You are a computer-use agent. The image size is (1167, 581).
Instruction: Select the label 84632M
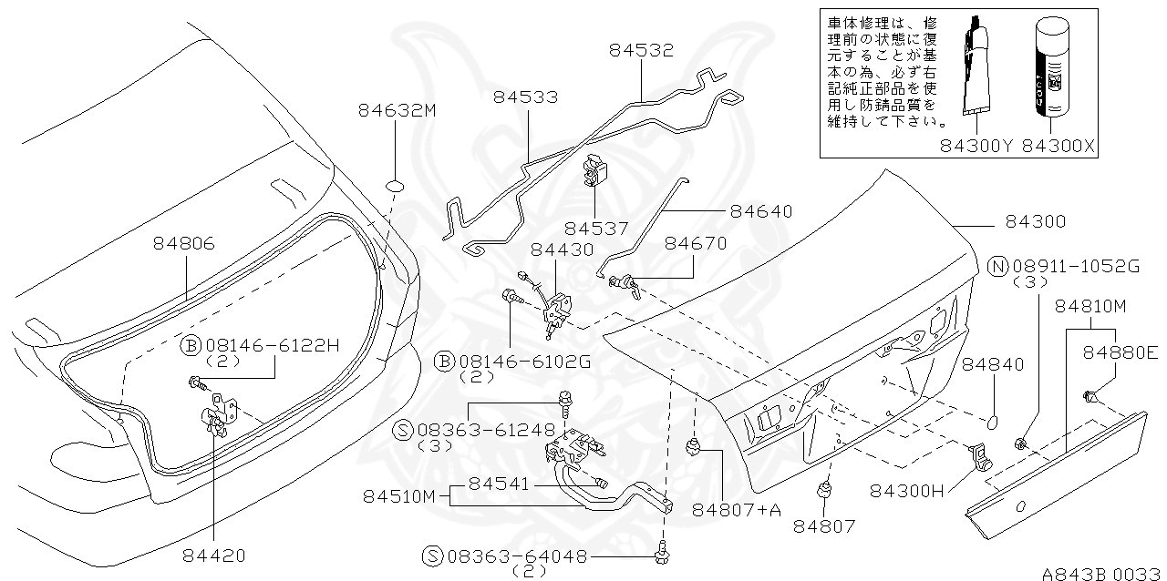[397, 110]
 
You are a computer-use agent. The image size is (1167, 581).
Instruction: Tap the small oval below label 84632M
[395, 186]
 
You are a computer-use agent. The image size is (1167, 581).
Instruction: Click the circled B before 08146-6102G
[443, 362]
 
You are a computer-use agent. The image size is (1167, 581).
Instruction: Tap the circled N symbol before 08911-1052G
[998, 266]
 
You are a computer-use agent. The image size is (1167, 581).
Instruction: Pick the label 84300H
[908, 491]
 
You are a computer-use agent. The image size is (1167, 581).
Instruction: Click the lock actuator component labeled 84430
[557, 308]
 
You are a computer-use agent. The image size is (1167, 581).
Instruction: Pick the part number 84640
[760, 211]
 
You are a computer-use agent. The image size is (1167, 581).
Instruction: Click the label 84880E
[1121, 351]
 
